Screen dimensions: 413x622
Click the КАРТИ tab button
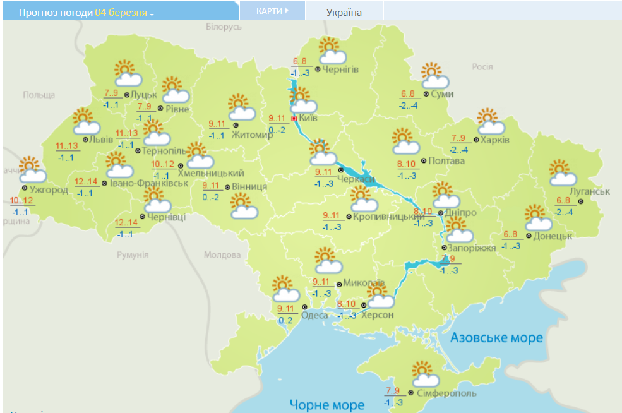point(272,11)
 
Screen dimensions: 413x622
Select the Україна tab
point(344,12)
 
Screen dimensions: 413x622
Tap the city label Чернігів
point(340,69)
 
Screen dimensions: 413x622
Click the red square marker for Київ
point(294,118)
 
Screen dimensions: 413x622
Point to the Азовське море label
point(496,338)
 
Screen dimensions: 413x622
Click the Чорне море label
point(326,404)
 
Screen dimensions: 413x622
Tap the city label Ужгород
point(49,189)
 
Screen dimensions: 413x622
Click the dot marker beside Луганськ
point(581,201)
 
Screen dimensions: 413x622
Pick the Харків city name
point(495,140)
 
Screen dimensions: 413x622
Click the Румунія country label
point(133,255)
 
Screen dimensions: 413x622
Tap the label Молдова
point(222,255)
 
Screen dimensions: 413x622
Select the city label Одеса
point(314,316)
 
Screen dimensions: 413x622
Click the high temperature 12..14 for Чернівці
point(127,223)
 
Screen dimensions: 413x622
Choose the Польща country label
point(39,95)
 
